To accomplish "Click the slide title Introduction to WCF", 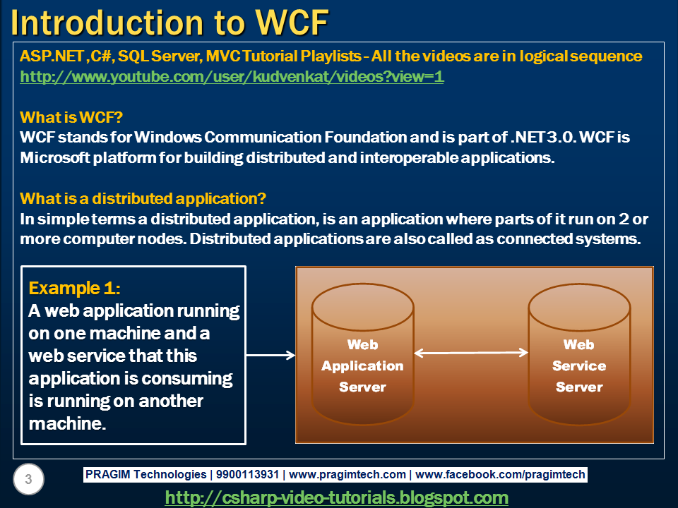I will [x=169, y=23].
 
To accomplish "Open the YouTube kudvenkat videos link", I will [x=232, y=77].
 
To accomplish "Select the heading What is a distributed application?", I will [x=143, y=198].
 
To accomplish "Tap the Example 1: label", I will [x=74, y=288].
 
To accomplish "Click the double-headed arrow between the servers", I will [x=471, y=352].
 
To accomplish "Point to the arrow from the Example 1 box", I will [x=270, y=356].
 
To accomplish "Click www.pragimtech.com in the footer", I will [x=347, y=475].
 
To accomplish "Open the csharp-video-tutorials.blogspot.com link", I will [x=336, y=497].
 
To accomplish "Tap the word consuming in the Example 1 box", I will [x=187, y=378].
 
